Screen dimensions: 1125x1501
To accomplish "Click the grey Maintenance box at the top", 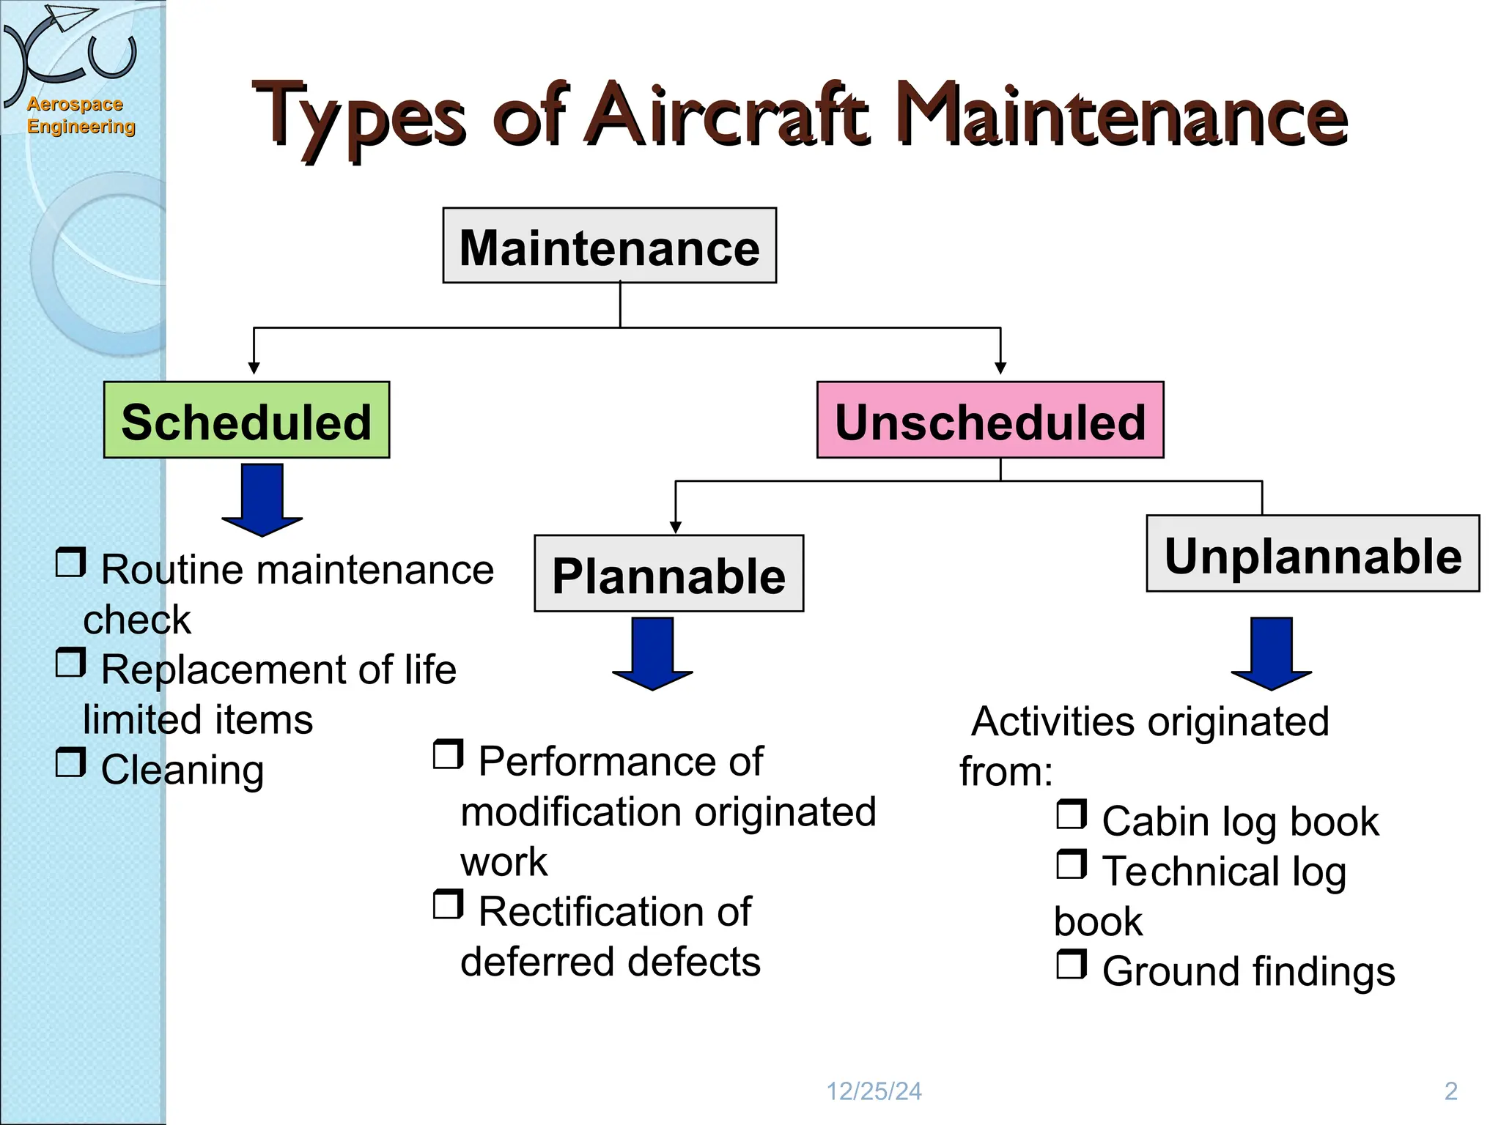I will click(609, 246).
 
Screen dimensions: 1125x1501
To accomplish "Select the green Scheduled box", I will click(246, 420).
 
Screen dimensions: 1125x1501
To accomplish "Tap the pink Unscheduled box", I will click(989, 420).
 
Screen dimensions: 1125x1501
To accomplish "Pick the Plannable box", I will click(668, 573).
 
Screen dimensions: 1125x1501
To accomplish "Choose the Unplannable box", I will click(1312, 554).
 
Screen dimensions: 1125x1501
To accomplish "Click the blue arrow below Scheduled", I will click(262, 500).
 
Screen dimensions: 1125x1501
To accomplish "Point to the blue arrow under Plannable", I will click(652, 653).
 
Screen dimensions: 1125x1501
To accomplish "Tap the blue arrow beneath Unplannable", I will click(1271, 653).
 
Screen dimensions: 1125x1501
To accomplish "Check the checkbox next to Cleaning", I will click(71, 762).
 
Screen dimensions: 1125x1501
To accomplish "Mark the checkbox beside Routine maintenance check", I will click(71, 562).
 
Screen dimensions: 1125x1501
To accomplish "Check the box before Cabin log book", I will click(1072, 814).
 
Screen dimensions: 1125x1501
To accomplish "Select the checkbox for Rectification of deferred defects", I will click(448, 905).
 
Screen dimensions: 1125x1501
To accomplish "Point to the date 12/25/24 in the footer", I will click(874, 1091).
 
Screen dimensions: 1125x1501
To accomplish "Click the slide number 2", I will click(1450, 1091).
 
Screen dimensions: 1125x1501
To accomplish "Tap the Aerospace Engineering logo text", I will click(80, 116).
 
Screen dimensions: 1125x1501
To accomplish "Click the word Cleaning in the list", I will click(182, 771).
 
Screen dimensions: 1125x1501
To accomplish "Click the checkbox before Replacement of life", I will click(71, 663).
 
